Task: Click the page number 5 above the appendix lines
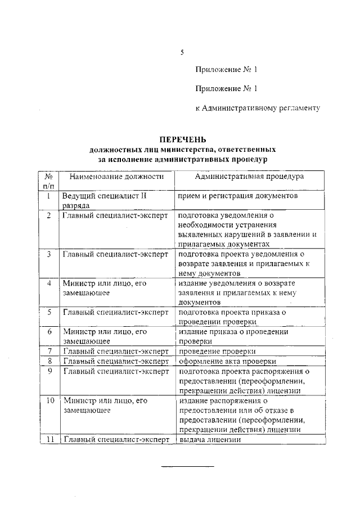point(182,53)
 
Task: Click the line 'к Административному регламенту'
point(258,107)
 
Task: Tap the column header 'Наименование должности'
point(116,176)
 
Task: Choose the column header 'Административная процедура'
point(249,176)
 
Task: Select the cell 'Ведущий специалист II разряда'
point(105,201)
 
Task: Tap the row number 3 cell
point(49,254)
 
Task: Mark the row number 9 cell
point(49,371)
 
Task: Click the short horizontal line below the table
point(188,466)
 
